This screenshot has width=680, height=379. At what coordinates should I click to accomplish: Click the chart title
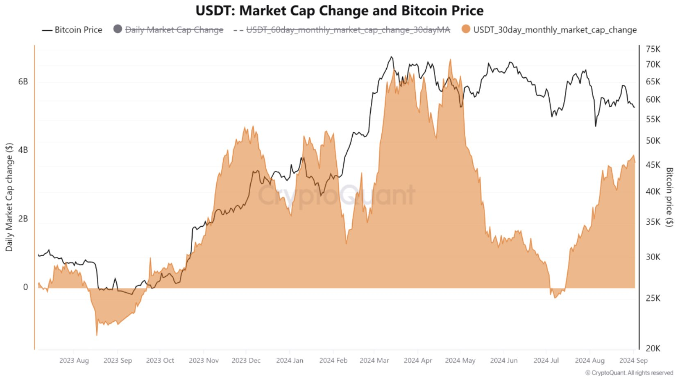click(x=340, y=11)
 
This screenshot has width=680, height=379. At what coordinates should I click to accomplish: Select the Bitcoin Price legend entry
click(x=72, y=30)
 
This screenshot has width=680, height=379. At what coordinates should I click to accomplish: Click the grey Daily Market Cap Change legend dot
click(x=118, y=29)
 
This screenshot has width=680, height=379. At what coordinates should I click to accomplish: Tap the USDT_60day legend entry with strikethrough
click(x=342, y=30)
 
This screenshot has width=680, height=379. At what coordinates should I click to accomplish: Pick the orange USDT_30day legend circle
click(x=466, y=29)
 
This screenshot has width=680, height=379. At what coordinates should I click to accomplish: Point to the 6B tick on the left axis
click(x=23, y=81)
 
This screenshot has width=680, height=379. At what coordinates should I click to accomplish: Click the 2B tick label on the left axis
click(x=23, y=219)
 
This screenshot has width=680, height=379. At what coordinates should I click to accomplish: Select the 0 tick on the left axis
click(x=25, y=287)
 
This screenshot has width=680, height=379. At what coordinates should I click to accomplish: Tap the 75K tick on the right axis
click(x=653, y=49)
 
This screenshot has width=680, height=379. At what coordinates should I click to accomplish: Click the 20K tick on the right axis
click(x=653, y=348)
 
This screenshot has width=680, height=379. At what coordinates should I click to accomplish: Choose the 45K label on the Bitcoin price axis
click(x=653, y=165)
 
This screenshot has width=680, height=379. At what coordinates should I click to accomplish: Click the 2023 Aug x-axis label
click(x=74, y=361)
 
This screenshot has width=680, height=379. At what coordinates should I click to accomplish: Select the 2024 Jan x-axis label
click(x=290, y=361)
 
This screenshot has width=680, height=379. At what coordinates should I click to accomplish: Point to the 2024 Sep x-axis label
click(x=633, y=361)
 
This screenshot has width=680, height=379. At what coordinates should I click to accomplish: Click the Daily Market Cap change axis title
click(x=9, y=197)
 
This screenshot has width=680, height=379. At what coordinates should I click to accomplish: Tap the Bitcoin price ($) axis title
click(x=669, y=197)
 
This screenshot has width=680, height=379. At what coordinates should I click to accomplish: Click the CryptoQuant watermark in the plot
click(x=336, y=195)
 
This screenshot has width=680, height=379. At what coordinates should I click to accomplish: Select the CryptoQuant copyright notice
click(x=629, y=372)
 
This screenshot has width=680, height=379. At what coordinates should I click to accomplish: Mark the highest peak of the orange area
click(x=450, y=59)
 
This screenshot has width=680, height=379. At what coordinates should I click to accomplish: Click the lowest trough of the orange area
click(x=97, y=335)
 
